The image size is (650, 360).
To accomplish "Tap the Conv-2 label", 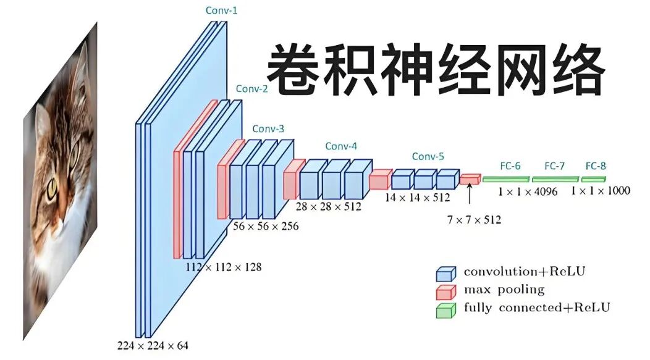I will [x=251, y=88].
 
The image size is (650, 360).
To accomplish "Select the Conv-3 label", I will [x=268, y=129].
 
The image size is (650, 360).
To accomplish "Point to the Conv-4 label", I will [x=341, y=146].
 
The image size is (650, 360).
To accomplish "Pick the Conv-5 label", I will [x=428, y=156].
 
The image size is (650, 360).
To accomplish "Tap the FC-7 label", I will [x=555, y=165].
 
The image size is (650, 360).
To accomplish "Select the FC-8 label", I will [x=596, y=165].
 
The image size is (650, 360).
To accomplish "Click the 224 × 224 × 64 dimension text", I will [x=153, y=346].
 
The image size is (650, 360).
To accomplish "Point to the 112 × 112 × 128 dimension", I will [x=224, y=267].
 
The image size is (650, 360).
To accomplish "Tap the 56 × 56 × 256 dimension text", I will [x=266, y=226].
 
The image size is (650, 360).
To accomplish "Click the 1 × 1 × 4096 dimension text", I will [x=528, y=191].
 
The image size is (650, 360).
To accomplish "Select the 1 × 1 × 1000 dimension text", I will [x=601, y=191].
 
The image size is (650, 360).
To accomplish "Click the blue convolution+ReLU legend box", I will [x=445, y=274].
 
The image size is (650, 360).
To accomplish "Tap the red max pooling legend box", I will [x=445, y=291].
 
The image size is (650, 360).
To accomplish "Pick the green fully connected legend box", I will [x=445, y=309].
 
